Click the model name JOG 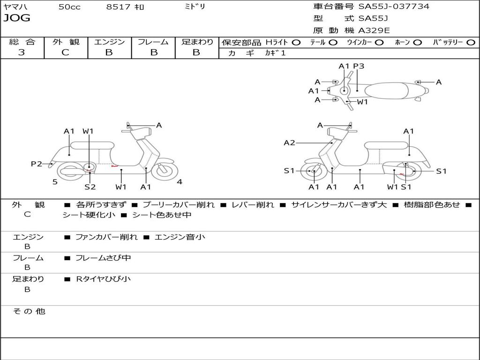coord(17,18)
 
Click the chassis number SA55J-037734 coord(394,6)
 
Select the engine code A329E coord(374,30)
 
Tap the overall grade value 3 coord(22,52)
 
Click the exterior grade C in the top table coord(65,52)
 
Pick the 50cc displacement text coord(69,7)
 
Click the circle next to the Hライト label coord(296,43)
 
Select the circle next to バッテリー coord(471,43)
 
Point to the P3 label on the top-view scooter coord(359,66)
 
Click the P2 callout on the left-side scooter coord(37,164)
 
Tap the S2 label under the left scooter coord(90,187)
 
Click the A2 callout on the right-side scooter coord(289,142)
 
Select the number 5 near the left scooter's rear coord(55,182)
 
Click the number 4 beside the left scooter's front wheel coord(180,182)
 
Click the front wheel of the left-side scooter coord(165,172)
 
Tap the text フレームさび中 coord(103,258)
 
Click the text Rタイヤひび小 coord(103,279)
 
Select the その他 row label coord(29,311)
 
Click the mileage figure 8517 coord(119,7)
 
